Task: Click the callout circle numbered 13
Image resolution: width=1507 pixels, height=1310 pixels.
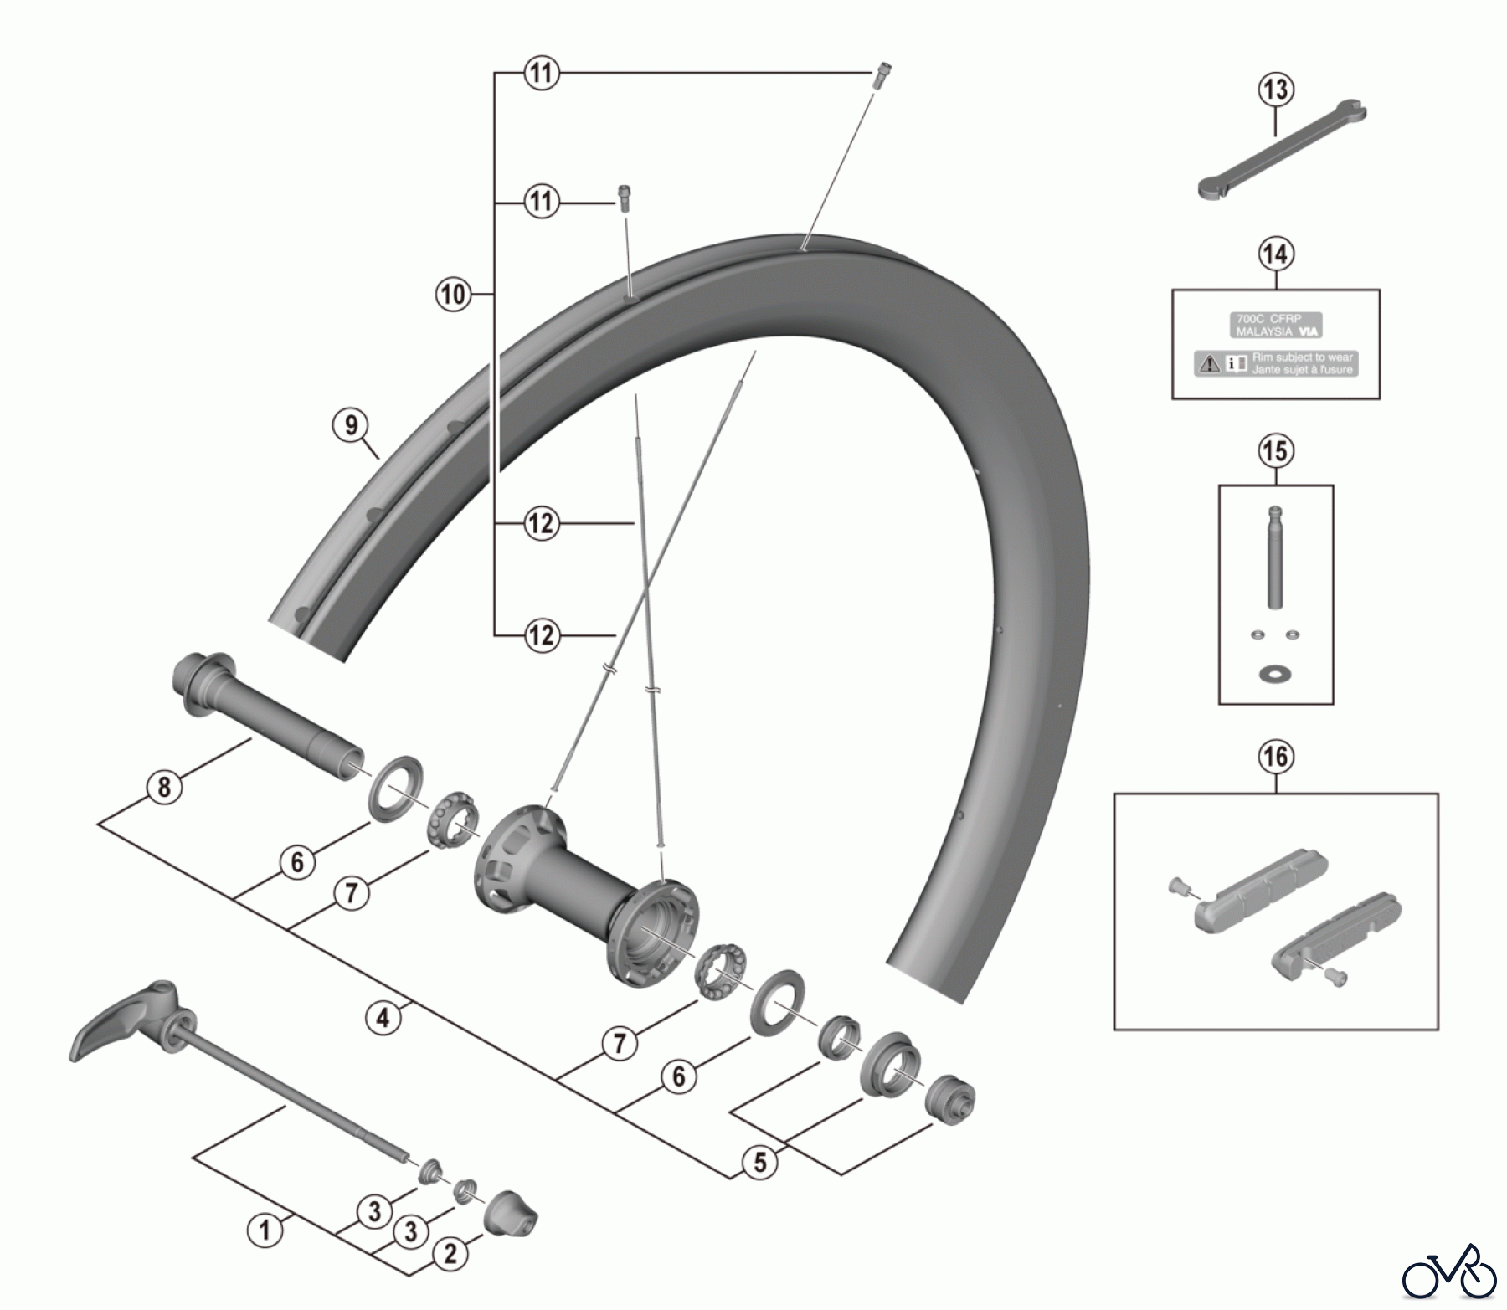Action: point(1276,90)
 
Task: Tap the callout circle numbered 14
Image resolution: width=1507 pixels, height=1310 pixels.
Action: point(1276,254)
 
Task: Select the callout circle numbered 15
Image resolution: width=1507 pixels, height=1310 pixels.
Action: point(1275,452)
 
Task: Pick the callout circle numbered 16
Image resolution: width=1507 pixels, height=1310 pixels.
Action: point(1275,758)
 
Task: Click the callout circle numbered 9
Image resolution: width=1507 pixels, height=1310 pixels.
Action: point(351,425)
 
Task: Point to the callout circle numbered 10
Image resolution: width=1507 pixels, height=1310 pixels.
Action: point(452,295)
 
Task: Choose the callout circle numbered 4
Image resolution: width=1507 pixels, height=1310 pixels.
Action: point(383,1019)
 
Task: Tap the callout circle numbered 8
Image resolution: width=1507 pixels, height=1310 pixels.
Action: point(164,787)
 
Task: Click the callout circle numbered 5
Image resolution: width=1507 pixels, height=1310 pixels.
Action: point(760,1164)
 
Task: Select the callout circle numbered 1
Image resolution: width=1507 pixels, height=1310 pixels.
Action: point(265,1231)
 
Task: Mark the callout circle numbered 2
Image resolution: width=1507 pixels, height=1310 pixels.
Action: point(450,1254)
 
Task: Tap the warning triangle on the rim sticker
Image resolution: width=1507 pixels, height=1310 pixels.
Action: point(1210,363)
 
